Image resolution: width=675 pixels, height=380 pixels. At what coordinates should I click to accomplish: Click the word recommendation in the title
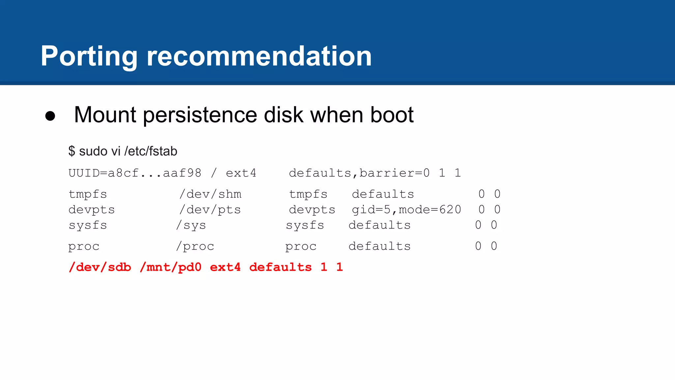(x=259, y=57)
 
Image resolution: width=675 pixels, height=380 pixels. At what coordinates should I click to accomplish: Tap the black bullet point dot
(x=50, y=116)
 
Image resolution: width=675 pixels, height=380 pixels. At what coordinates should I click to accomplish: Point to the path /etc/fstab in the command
(x=151, y=151)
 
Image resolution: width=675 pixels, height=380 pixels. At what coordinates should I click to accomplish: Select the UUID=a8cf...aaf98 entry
(x=135, y=173)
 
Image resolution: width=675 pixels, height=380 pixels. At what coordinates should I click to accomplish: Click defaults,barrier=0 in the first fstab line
(x=359, y=173)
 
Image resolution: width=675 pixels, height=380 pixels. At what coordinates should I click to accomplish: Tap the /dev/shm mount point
(x=210, y=194)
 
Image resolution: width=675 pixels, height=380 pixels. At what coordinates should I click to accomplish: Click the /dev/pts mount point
(x=210, y=210)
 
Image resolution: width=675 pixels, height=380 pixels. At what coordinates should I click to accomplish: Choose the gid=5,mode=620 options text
(x=406, y=210)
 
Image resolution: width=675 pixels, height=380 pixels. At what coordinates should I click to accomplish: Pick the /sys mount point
(x=191, y=225)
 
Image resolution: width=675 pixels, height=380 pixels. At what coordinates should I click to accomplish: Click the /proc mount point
(x=195, y=246)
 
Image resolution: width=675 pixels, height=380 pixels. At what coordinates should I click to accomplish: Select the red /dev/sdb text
(x=100, y=267)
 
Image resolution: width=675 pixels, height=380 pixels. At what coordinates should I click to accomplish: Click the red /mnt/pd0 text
(x=170, y=267)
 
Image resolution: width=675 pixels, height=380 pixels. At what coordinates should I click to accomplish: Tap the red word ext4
(x=225, y=267)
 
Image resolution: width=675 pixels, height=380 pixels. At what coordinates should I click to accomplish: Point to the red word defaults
(x=280, y=267)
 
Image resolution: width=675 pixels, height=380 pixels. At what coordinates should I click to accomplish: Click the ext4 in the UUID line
(x=241, y=173)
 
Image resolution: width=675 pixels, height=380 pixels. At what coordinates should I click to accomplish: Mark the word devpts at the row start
(x=92, y=210)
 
